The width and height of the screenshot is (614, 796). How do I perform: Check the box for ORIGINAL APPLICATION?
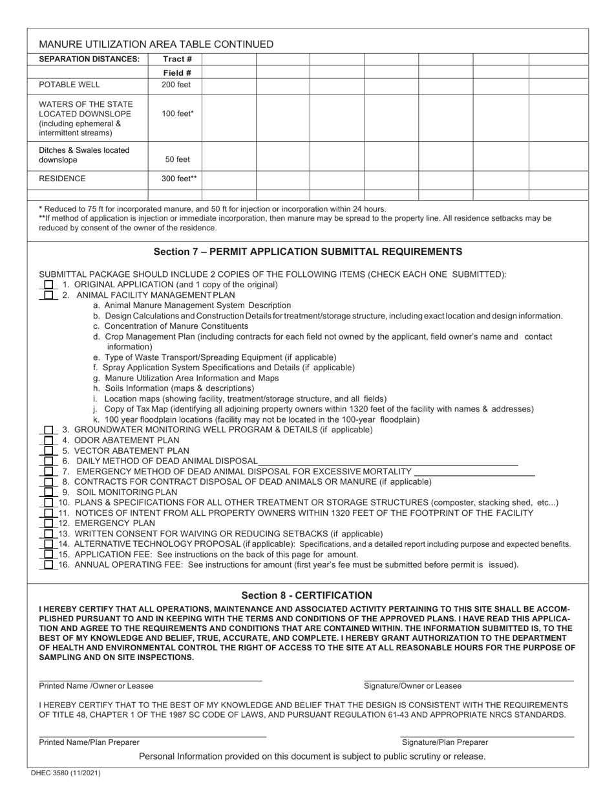tap(49, 285)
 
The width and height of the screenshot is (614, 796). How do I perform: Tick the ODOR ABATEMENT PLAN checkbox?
tap(49, 440)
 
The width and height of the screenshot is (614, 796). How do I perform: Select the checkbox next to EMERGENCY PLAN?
tap(49, 523)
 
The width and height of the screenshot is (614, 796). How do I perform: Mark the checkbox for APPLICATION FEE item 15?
tap(49, 555)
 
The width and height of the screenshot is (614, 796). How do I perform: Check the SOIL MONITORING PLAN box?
tap(49, 492)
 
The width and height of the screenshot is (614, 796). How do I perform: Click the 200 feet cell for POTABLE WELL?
tap(176, 85)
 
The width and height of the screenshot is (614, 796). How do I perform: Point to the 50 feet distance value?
tap(176, 159)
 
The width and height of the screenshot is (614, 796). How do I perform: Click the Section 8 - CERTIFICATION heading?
tap(307, 595)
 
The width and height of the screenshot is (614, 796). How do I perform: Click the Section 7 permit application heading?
tap(308, 251)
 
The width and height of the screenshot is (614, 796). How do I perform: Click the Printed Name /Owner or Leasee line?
tap(150, 680)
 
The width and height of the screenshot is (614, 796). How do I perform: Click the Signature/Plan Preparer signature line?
tap(487, 736)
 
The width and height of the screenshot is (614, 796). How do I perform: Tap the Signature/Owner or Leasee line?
tap(469, 680)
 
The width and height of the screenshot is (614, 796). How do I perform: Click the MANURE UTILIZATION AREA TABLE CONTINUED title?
tap(156, 45)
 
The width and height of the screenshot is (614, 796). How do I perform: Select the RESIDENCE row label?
tap(62, 179)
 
